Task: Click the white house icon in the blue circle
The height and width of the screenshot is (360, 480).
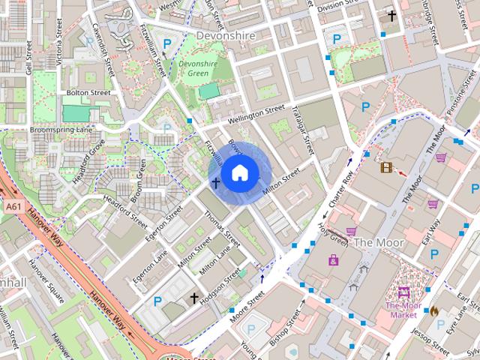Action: (x=238, y=173)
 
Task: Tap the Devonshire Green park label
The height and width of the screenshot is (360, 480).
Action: (x=199, y=69)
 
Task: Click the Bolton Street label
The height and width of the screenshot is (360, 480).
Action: (x=88, y=93)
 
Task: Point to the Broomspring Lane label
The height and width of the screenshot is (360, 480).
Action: (x=61, y=130)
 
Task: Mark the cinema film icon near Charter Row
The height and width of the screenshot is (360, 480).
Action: (x=386, y=168)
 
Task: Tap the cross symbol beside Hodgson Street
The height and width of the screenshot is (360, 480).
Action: (x=194, y=298)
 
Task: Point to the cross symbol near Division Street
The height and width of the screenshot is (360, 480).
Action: (x=391, y=15)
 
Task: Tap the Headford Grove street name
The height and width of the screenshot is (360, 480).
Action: (x=88, y=158)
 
